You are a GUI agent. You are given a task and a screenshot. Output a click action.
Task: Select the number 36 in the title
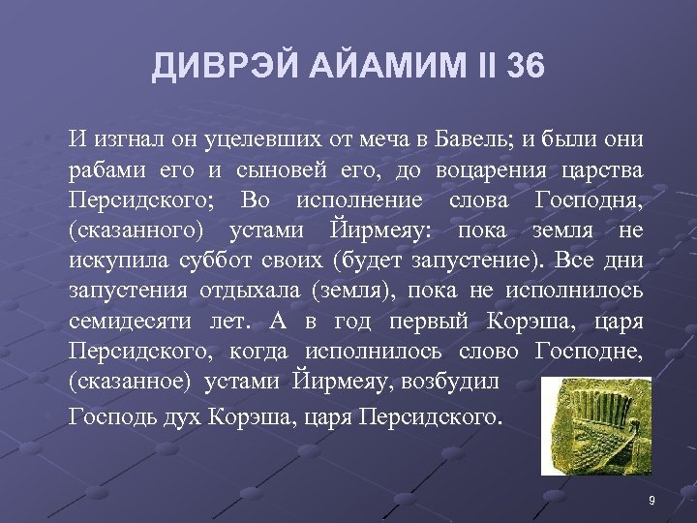(525, 67)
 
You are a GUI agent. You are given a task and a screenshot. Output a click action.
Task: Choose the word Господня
(588, 200)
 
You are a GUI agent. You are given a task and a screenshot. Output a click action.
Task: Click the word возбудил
(455, 381)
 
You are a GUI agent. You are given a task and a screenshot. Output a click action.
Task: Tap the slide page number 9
(652, 501)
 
